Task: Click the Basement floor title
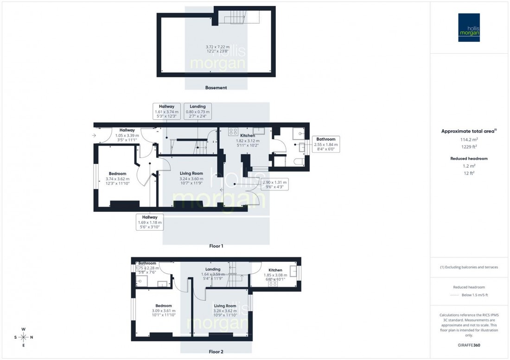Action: (x=216, y=88)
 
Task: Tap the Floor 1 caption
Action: (x=216, y=246)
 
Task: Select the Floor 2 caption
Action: (x=216, y=352)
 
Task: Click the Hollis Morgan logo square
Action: (x=469, y=27)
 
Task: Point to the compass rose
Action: (x=23, y=337)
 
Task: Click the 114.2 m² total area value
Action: (x=469, y=139)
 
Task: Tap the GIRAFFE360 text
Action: (x=469, y=346)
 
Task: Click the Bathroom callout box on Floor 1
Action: (x=327, y=145)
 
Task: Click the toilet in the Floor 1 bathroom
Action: (x=299, y=160)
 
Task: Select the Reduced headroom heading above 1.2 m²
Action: (x=469, y=158)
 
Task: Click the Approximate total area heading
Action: (x=469, y=131)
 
